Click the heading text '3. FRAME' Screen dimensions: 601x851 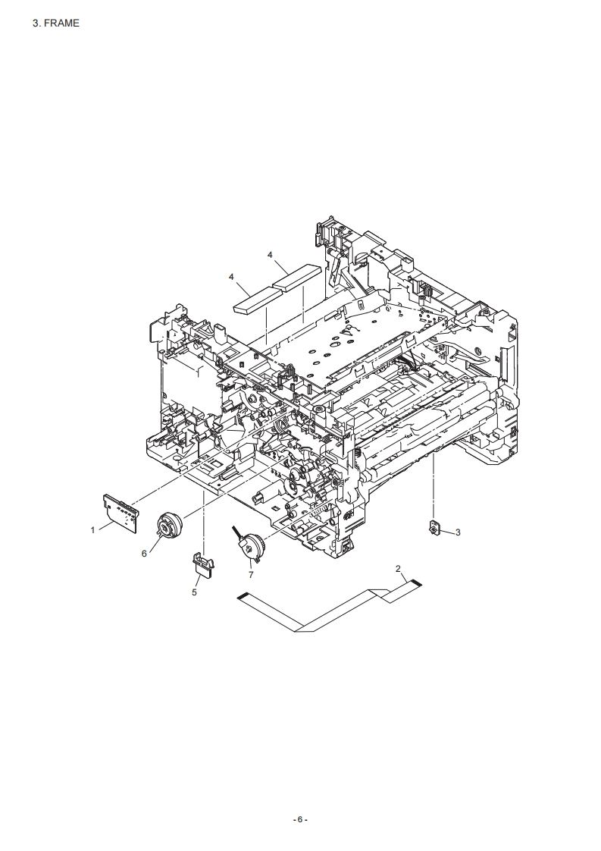(56, 23)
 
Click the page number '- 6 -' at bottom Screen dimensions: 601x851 (300, 819)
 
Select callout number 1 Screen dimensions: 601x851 (92, 529)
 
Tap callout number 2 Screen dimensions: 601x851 (398, 568)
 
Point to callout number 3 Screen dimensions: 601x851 (458, 532)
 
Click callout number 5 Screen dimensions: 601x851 (194, 592)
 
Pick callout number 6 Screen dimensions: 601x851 (144, 553)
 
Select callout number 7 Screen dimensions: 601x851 (251, 574)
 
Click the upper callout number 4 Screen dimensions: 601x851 (270, 254)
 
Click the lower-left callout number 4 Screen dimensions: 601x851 (231, 277)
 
